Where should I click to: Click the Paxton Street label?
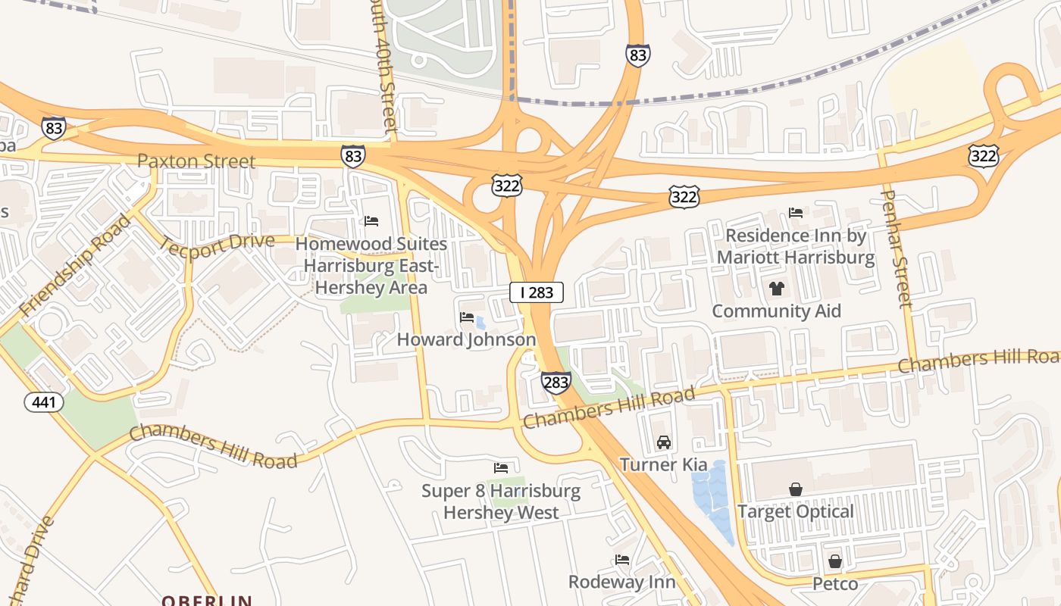196,161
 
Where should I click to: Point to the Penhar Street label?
895,248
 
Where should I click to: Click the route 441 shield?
44,402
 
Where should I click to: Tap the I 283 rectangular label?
537,292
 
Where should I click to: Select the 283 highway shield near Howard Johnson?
556,383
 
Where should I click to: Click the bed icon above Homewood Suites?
371,221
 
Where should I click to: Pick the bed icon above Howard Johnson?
467,317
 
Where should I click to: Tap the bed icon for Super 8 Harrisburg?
500,468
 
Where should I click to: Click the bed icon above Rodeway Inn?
621,560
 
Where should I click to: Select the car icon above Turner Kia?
663,442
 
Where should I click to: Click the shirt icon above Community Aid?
776,288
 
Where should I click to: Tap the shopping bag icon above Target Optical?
795,489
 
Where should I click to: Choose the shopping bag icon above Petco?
834,561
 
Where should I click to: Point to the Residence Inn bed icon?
795,213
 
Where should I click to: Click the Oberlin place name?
206,600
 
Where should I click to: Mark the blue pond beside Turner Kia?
714,500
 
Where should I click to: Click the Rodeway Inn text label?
621,582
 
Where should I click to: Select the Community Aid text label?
776,311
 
